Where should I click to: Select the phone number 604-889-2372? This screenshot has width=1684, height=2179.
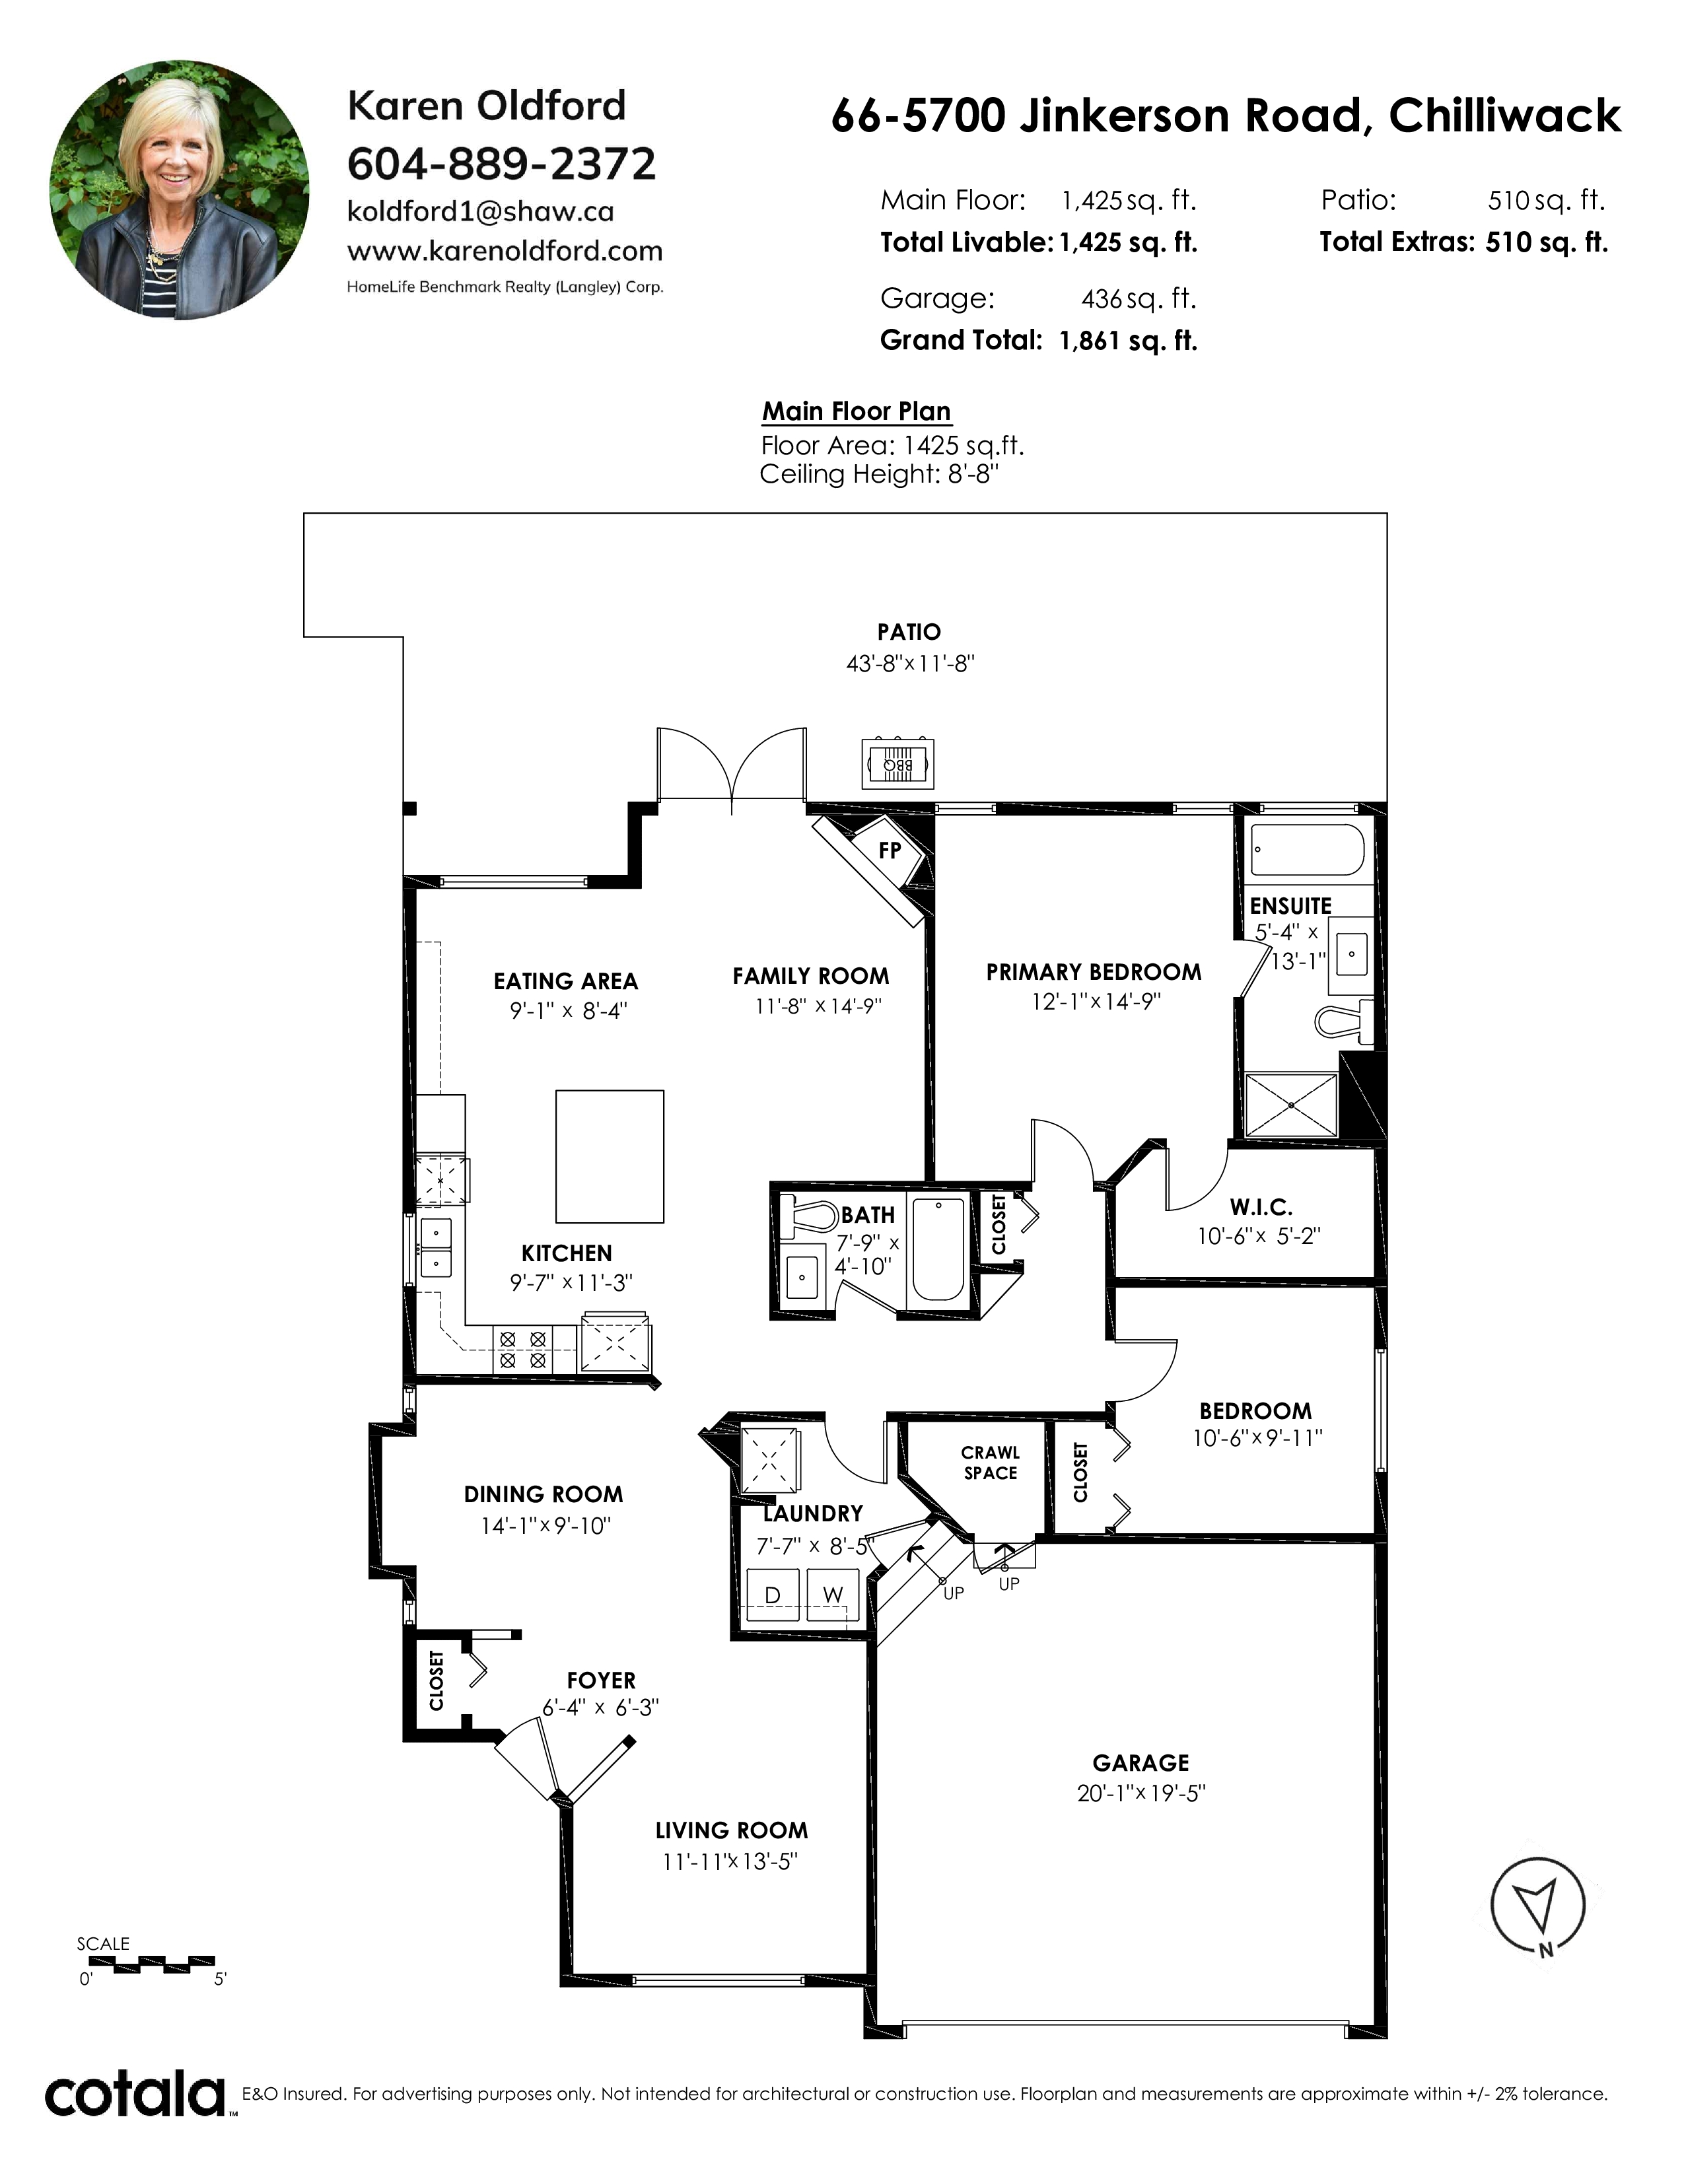[502, 164]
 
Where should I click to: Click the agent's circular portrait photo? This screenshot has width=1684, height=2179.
[180, 190]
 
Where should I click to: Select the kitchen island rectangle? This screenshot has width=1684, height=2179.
[610, 1156]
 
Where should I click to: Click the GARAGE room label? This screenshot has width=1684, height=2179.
[1140, 1763]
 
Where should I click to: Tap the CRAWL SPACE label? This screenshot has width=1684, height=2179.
[991, 1463]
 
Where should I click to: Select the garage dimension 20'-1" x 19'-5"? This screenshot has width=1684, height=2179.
[1141, 1793]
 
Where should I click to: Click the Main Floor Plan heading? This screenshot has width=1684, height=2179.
[856, 411]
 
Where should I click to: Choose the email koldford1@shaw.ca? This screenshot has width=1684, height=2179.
[481, 211]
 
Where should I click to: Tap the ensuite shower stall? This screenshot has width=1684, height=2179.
[1291, 1105]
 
